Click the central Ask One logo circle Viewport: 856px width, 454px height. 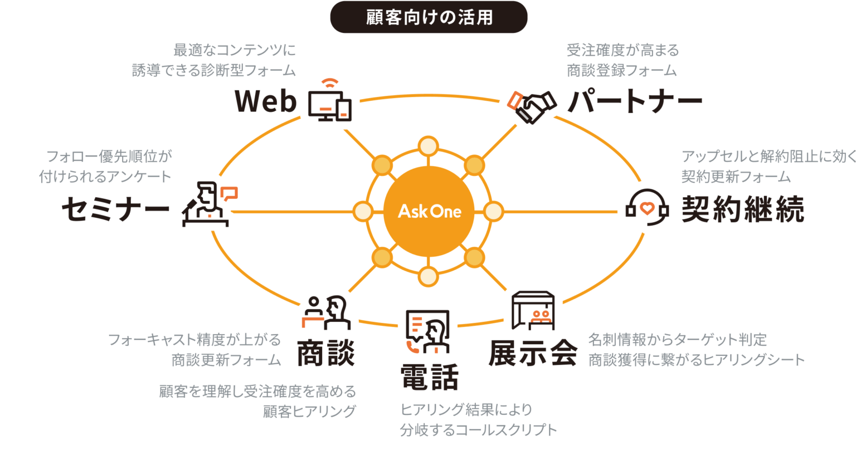(x=429, y=211)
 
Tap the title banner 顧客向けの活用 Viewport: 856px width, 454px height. (x=429, y=17)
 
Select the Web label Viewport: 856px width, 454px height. (x=265, y=101)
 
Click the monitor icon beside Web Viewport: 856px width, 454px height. (x=330, y=102)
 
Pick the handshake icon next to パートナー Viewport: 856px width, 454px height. (x=532, y=106)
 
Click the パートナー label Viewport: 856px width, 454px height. (x=635, y=102)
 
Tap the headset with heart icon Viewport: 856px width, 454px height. (x=646, y=208)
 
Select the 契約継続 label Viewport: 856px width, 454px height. (x=743, y=209)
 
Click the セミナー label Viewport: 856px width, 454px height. (x=115, y=209)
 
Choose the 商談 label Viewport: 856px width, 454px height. (x=326, y=353)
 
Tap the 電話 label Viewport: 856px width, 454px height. (x=429, y=377)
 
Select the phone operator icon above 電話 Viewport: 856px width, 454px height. (x=428, y=331)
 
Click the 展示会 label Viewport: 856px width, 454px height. (x=533, y=353)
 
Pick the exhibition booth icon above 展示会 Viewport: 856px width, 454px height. (x=533, y=310)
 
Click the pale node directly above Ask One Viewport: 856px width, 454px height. (x=428, y=147)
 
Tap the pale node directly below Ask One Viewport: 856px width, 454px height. (x=428, y=276)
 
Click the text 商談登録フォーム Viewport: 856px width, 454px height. (x=621, y=70)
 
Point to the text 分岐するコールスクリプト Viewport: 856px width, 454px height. (x=478, y=430)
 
